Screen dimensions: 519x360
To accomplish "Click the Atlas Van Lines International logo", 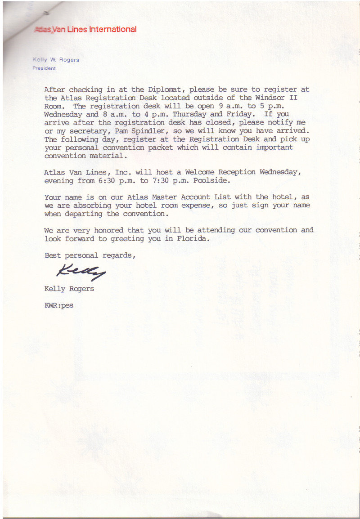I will pyautogui.click(x=85, y=30).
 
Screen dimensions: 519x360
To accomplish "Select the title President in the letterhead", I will pyautogui.click(x=44, y=68).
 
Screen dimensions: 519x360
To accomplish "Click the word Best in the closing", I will pyautogui.click(x=53, y=255).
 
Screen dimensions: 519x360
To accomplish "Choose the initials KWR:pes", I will pyautogui.click(x=58, y=305).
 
